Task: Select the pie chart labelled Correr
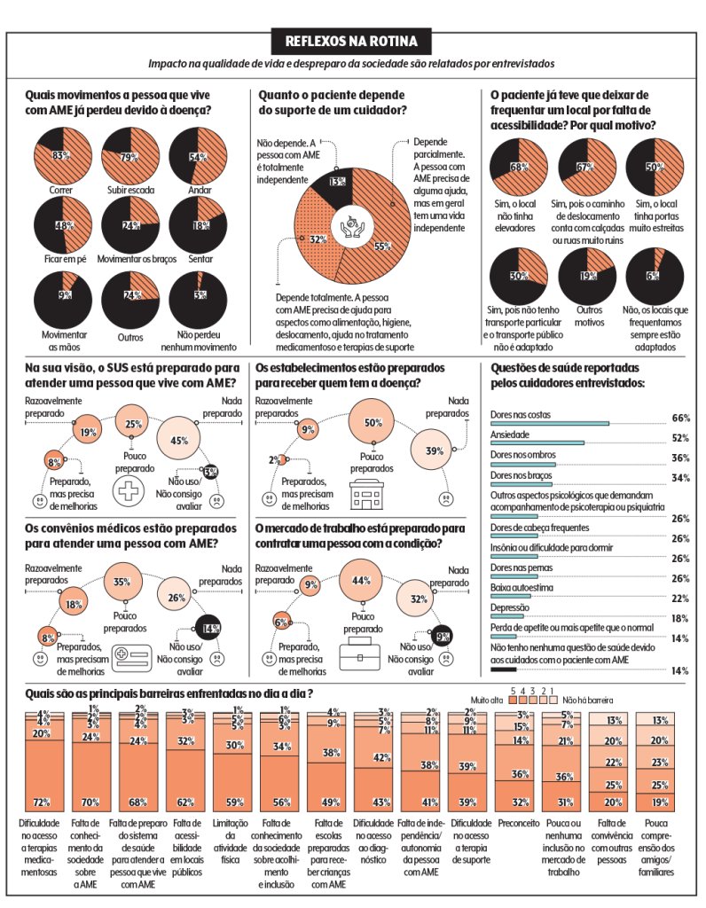click(60, 156)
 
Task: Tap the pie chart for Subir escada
click(129, 156)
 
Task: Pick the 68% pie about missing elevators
click(520, 166)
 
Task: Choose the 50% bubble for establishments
click(373, 423)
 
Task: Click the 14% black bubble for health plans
click(209, 628)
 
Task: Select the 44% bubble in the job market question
click(361, 581)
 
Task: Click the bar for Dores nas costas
click(550, 424)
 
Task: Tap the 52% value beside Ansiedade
click(680, 438)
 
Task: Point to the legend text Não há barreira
click(586, 700)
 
